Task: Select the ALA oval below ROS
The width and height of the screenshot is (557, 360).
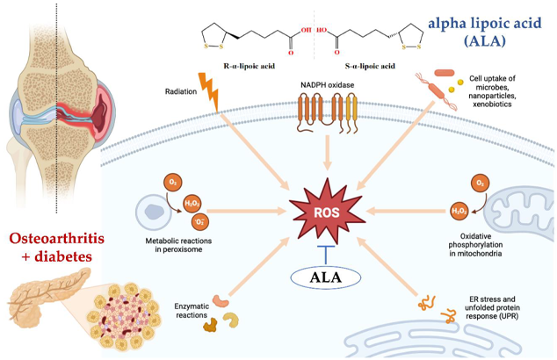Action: pyautogui.click(x=326, y=277)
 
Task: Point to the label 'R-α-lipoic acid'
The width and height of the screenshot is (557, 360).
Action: pyautogui.click(x=249, y=66)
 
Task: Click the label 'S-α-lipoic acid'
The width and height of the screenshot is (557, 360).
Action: pyautogui.click(x=370, y=66)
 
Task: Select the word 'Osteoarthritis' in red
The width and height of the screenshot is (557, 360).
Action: pyautogui.click(x=57, y=238)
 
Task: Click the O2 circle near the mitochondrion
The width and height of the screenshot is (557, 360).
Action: pyautogui.click(x=480, y=184)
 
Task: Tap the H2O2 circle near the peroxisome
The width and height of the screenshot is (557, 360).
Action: pyautogui.click(x=192, y=204)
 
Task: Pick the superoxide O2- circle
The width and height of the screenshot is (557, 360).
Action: pyautogui.click(x=199, y=222)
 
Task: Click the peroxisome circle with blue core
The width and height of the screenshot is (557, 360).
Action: pyautogui.click(x=154, y=212)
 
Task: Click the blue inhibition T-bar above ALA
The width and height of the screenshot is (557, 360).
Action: pyautogui.click(x=327, y=255)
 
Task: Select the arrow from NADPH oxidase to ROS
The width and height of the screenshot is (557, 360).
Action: pyautogui.click(x=327, y=153)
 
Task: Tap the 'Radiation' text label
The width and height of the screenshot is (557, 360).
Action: pyautogui.click(x=181, y=91)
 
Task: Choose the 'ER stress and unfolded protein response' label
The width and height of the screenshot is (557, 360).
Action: pyautogui.click(x=492, y=307)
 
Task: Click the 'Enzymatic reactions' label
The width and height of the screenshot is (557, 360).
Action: pyautogui.click(x=192, y=310)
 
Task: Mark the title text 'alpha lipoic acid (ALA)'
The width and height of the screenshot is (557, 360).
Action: pyautogui.click(x=485, y=32)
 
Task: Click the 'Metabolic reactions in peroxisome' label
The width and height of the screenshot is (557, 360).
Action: pyautogui.click(x=178, y=245)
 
